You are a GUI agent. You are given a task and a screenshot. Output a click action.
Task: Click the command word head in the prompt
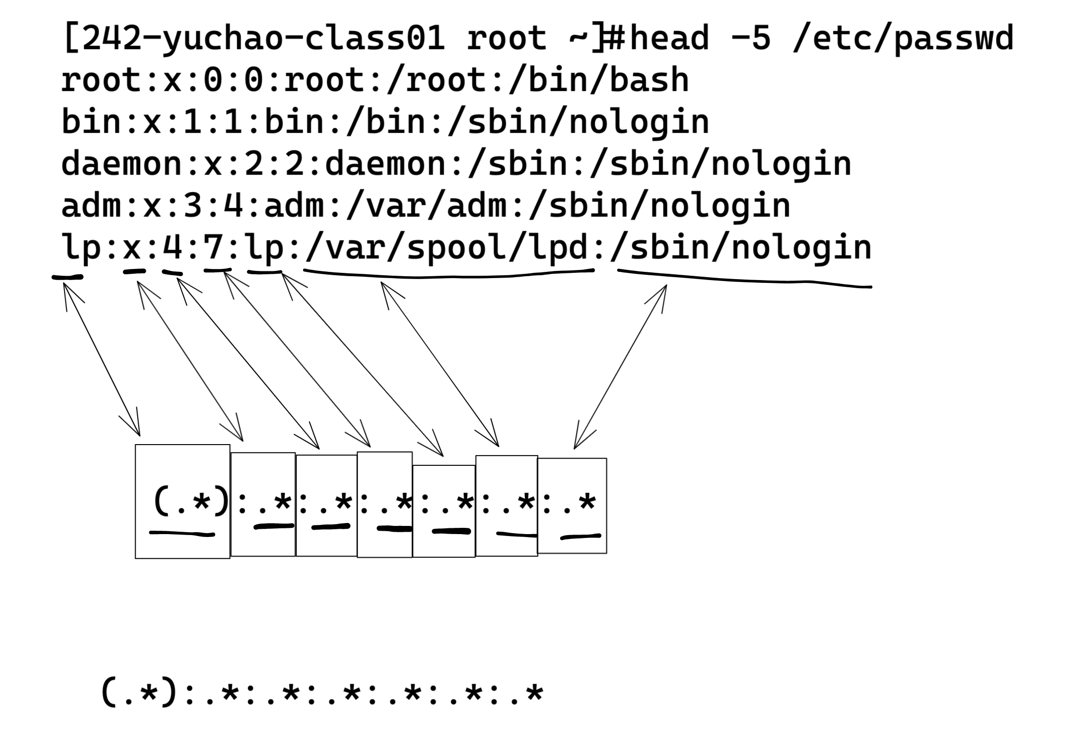[x=669, y=38]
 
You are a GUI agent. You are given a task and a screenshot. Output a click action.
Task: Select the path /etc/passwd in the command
[x=902, y=38]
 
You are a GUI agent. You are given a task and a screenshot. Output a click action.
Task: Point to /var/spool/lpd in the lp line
[x=447, y=248]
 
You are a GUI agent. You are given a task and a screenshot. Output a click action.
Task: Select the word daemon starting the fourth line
[x=122, y=164]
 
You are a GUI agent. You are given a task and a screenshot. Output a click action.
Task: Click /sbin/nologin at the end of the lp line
[x=741, y=248]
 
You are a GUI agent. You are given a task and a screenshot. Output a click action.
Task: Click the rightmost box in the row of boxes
[x=572, y=505]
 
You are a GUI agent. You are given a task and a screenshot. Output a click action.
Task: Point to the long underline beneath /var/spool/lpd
[x=447, y=276]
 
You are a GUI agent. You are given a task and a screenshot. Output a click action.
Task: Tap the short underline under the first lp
[x=67, y=277]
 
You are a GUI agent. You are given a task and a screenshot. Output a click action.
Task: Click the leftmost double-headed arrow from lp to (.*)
[x=101, y=358]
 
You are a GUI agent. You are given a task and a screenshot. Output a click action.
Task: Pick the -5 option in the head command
[x=751, y=38]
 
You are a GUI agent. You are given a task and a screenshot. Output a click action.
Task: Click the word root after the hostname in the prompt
[x=506, y=38]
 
